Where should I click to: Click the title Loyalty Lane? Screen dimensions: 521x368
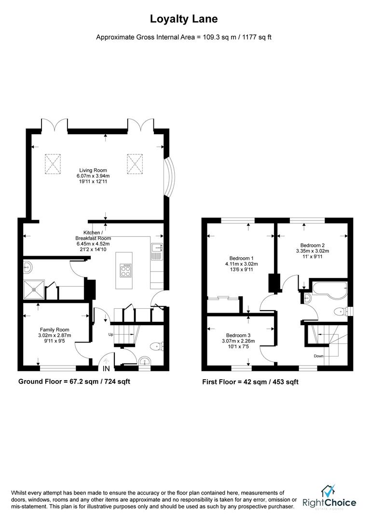click(x=184, y=19)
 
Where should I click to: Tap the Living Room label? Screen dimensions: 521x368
click(x=94, y=170)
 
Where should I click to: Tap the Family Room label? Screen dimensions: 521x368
click(x=55, y=330)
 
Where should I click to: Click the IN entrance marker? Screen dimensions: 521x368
click(x=106, y=369)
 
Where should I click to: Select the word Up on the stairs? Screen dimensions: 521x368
click(x=110, y=334)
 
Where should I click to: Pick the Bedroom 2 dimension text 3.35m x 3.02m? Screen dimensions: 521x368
click(x=313, y=251)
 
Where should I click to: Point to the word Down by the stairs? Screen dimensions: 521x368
click(x=318, y=356)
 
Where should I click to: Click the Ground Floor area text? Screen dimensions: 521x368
click(x=74, y=381)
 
